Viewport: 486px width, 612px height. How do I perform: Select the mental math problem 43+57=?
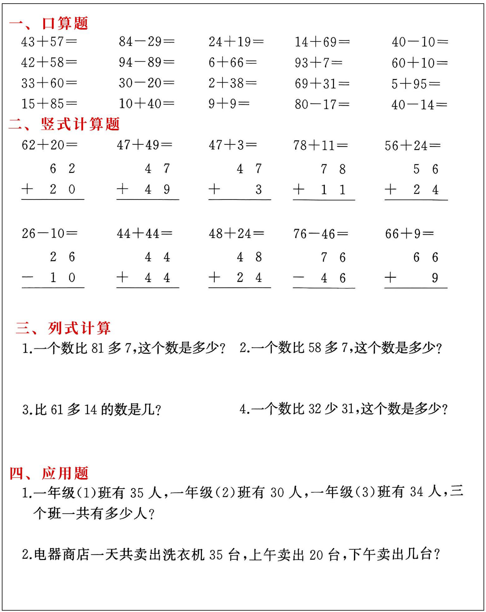click(x=49, y=42)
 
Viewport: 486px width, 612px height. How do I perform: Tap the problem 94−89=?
click(x=147, y=62)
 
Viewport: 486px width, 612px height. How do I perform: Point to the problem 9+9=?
click(x=229, y=104)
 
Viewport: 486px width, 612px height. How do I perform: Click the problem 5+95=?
click(x=416, y=84)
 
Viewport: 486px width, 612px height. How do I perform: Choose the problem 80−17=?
click(x=322, y=104)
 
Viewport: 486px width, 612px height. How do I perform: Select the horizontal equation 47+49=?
click(x=144, y=145)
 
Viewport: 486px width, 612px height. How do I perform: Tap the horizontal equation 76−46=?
click(x=321, y=234)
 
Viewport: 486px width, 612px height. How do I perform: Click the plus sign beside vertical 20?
click(x=27, y=189)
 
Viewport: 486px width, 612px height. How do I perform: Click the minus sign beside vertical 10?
click(x=27, y=278)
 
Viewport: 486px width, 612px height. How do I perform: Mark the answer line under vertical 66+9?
click(x=416, y=288)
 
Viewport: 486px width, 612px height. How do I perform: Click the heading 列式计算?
click(x=79, y=328)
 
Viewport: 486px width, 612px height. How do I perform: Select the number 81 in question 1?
click(x=97, y=348)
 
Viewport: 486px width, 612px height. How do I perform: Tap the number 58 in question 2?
click(x=315, y=348)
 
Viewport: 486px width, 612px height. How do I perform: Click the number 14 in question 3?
click(x=91, y=410)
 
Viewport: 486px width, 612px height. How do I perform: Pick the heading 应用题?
click(x=65, y=473)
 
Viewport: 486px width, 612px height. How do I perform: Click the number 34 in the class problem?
click(x=416, y=492)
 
